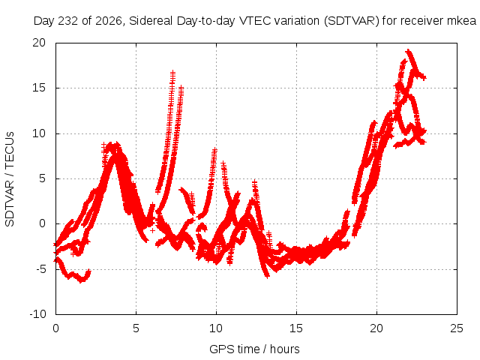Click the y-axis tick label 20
pos(39,43)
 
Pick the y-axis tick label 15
pos(39,88)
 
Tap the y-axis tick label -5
pos(40,269)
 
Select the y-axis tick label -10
pos(37,314)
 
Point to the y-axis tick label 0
pos(42,223)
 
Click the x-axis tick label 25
pos(457,328)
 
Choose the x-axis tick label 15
pos(296,328)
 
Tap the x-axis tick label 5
pos(136,328)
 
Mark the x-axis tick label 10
pos(216,328)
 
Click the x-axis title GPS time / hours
pos(254,349)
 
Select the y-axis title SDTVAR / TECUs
pos(10,179)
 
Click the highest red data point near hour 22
pos(407,51)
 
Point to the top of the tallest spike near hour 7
pos(173,73)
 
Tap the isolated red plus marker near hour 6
pos(152,230)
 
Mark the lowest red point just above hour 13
pos(267,276)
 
